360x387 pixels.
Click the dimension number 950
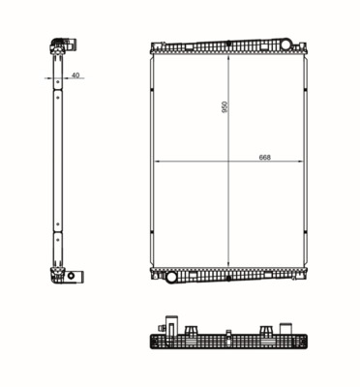(225, 107)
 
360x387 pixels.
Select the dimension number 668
(264, 158)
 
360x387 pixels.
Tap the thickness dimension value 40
(75, 75)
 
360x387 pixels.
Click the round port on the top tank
(286, 45)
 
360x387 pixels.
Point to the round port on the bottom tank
(171, 277)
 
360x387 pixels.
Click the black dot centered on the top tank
(228, 43)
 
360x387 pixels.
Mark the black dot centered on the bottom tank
(228, 278)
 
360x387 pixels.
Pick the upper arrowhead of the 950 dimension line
(228, 57)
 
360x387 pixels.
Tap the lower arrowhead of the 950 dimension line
(228, 264)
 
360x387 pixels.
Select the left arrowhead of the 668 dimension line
(157, 161)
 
